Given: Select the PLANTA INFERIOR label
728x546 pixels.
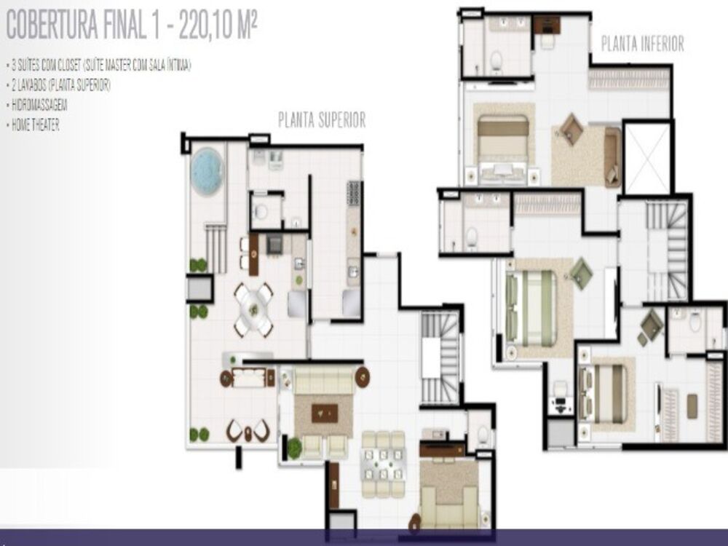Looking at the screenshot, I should pyautogui.click(x=642, y=44).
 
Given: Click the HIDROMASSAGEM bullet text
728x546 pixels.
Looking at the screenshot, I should pyautogui.click(x=35, y=105).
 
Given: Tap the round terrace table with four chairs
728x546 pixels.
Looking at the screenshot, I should pyautogui.click(x=253, y=309).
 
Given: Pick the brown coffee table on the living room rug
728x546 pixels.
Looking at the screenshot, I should pyautogui.click(x=324, y=413).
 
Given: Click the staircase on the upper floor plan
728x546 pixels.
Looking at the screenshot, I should pyautogui.click(x=440, y=357).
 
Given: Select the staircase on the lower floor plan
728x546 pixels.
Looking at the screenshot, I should pyautogui.click(x=666, y=251).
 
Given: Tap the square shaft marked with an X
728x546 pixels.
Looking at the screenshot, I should pyautogui.click(x=646, y=159).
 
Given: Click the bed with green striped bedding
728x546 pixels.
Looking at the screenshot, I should pyautogui.click(x=531, y=308).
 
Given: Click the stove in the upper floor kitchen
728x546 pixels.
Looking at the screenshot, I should pyautogui.click(x=354, y=193).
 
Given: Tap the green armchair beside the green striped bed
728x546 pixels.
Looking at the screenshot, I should pyautogui.click(x=581, y=273).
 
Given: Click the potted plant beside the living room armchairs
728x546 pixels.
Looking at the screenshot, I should pyautogui.click(x=294, y=448).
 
